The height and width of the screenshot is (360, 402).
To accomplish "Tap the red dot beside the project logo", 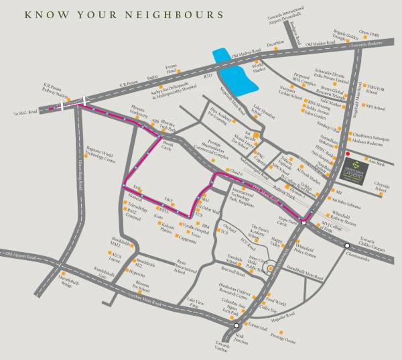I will tap(347, 154).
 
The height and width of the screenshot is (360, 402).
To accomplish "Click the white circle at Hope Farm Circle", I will tap(304, 222).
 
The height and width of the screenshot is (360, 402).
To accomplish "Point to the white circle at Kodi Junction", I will tap(237, 325).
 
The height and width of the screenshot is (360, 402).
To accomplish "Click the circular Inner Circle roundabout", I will tap(270, 269).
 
